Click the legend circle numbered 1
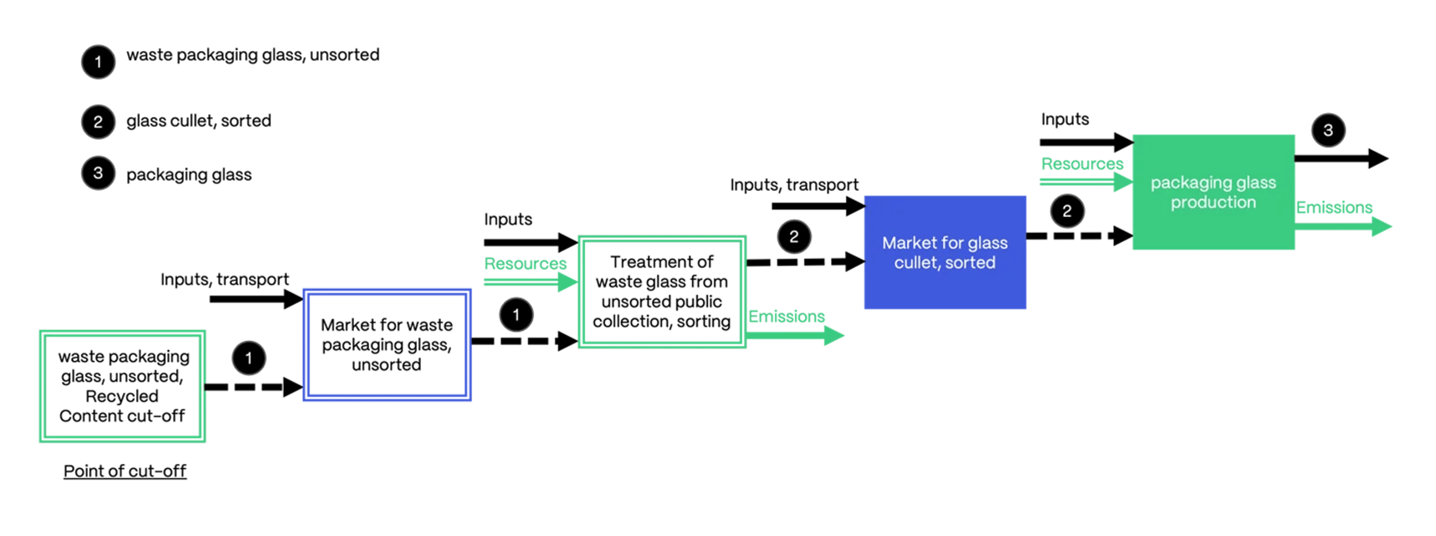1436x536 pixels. click(x=98, y=62)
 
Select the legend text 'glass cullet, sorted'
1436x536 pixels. click(x=198, y=121)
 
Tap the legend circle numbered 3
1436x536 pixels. click(x=98, y=173)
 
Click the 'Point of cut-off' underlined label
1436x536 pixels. click(x=125, y=471)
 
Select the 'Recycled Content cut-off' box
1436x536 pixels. click(x=122, y=386)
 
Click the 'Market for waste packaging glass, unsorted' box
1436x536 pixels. click(x=387, y=345)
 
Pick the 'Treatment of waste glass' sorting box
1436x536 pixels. click(x=661, y=291)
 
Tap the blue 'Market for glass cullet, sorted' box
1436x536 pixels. click(x=945, y=252)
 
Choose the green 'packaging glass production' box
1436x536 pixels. click(x=1213, y=192)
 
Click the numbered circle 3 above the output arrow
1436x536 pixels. click(x=1328, y=131)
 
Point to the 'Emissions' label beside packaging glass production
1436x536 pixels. click(x=1334, y=208)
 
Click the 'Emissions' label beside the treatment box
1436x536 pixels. click(x=786, y=317)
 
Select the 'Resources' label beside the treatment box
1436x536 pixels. click(x=525, y=264)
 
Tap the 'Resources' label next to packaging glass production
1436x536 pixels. click(x=1082, y=164)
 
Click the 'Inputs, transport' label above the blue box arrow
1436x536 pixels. click(x=793, y=185)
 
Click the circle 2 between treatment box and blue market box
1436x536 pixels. click(x=793, y=237)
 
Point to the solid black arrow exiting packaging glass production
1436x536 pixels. click(x=1340, y=157)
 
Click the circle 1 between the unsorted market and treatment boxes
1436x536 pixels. click(x=516, y=315)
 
